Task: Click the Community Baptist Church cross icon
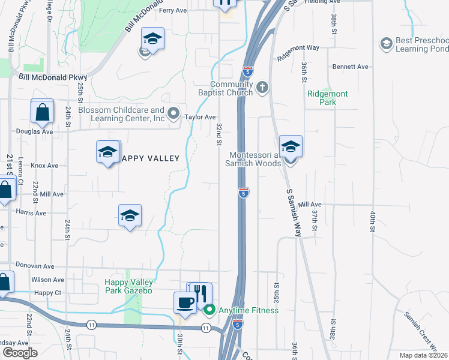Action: click(262, 88)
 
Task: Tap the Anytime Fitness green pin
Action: click(209, 310)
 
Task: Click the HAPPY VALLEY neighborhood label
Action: click(150, 158)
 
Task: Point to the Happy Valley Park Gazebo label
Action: click(129, 287)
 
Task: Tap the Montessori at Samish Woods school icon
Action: click(291, 148)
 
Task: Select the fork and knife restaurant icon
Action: click(200, 293)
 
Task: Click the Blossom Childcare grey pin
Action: click(173, 112)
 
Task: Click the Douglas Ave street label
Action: click(35, 131)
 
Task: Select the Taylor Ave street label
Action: click(200, 118)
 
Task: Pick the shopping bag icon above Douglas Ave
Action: click(43, 112)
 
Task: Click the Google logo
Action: click(20, 353)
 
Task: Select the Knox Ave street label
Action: click(45, 166)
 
